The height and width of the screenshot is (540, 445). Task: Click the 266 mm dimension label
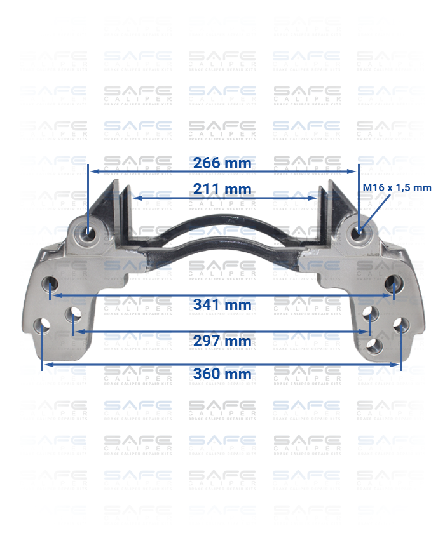point(222,163)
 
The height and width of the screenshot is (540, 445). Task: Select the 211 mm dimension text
point(222,189)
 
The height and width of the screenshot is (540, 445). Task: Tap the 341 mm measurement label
point(222,305)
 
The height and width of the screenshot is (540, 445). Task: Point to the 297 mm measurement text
point(222,341)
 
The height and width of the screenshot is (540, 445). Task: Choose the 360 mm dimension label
point(222,374)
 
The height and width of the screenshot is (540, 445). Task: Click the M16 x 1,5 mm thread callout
point(397,187)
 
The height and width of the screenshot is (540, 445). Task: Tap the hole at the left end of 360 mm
point(43,327)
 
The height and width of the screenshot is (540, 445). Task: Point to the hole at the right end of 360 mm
point(399,325)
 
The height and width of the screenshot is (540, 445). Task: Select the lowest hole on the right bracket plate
point(376,346)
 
